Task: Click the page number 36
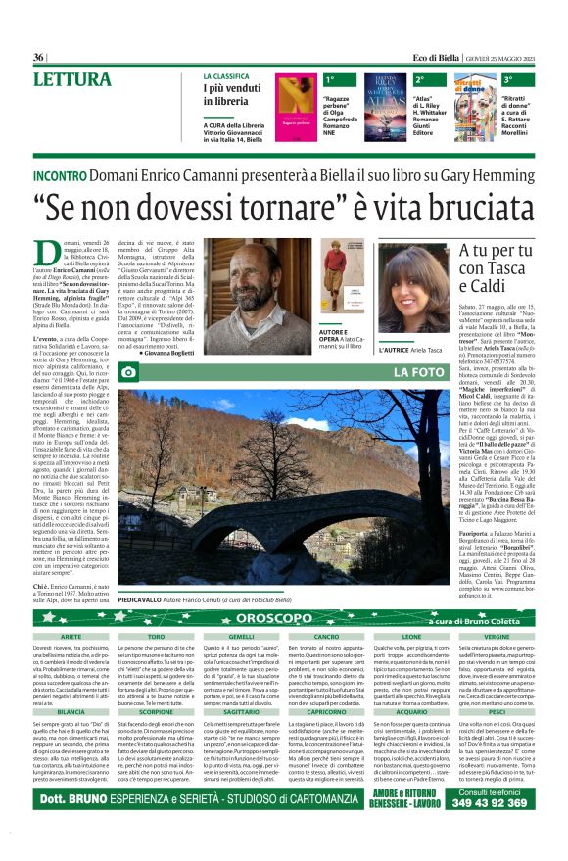[x=40, y=58]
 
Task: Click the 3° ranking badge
[x=509, y=78]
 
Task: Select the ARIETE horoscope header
[x=71, y=637]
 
